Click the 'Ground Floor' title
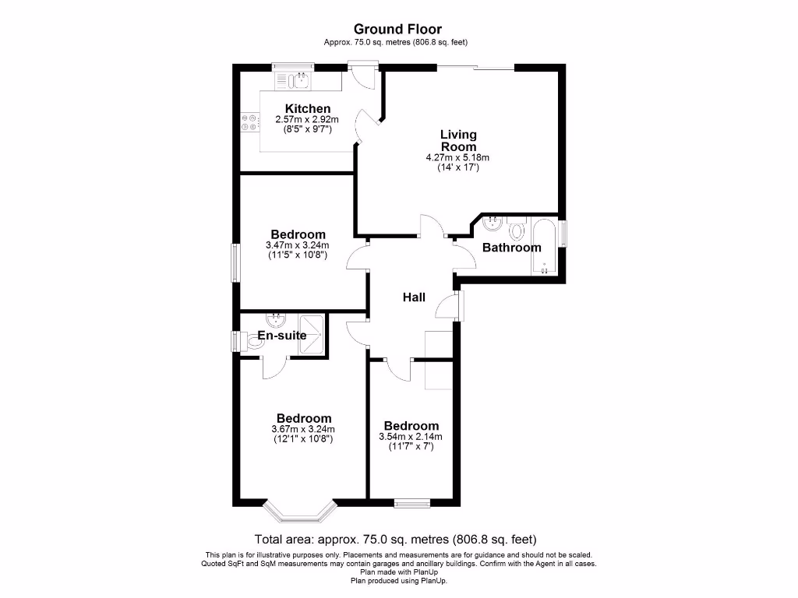click(398, 30)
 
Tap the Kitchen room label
click(308, 108)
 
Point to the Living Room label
click(458, 140)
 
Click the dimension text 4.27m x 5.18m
click(457, 157)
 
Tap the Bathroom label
click(511, 248)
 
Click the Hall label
click(414, 297)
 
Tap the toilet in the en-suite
click(253, 341)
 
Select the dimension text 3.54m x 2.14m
click(411, 437)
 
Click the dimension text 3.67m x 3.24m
click(303, 429)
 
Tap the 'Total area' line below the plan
click(396, 539)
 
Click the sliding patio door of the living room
click(475, 69)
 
